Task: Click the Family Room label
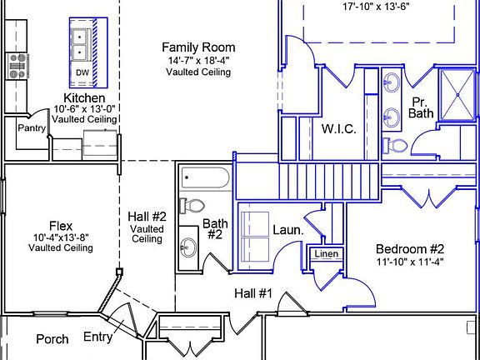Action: [x=198, y=47]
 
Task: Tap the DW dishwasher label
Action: [x=82, y=72]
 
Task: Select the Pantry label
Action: [x=32, y=128]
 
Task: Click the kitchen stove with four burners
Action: [x=17, y=66]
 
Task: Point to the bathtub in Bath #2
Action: [x=205, y=177]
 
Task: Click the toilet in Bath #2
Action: [x=192, y=206]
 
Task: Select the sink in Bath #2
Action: [x=188, y=247]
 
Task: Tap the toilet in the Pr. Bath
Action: [x=395, y=145]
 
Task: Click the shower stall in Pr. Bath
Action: [x=457, y=95]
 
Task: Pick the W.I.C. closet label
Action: [x=339, y=129]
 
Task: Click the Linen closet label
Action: [x=327, y=254]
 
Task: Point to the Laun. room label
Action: [x=288, y=230]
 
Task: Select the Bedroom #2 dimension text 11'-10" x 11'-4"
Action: [x=410, y=262]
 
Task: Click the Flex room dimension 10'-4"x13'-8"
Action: [x=61, y=237]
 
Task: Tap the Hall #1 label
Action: [x=253, y=293]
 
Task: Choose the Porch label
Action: [x=52, y=339]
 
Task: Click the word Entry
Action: [x=98, y=337]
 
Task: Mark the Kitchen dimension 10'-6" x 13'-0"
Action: [x=84, y=109]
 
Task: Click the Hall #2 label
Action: [x=147, y=217]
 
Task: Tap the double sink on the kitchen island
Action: [x=81, y=44]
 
